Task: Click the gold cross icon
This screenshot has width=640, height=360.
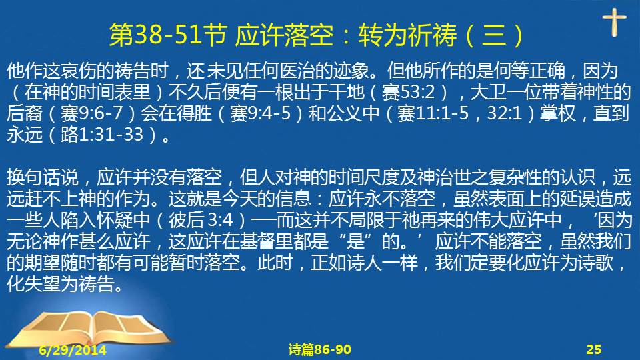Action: tap(614, 22)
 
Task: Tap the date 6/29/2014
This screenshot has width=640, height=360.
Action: tap(73, 350)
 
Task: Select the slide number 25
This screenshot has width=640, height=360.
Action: tap(593, 349)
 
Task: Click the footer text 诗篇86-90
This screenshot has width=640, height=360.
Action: tap(319, 349)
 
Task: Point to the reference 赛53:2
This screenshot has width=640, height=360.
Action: tap(408, 92)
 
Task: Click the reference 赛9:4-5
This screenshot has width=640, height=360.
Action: tap(260, 113)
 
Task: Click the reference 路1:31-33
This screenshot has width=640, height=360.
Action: tap(102, 135)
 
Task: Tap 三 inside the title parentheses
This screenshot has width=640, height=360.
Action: tap(494, 34)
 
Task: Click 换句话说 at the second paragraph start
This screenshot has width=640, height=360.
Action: tap(43, 177)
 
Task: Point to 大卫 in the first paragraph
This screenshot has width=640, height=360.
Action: tap(488, 92)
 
